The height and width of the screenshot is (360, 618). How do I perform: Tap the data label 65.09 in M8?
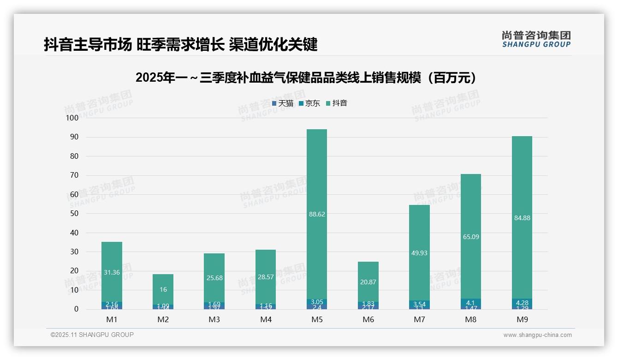click(471, 237)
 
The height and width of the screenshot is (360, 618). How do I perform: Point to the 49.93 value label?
click(419, 252)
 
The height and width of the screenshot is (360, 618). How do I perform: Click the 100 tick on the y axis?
click(72, 118)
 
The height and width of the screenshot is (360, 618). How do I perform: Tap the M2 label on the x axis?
click(163, 319)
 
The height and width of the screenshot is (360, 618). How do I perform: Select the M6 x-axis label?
click(368, 319)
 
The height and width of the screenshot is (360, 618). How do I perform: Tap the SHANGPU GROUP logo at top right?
click(536, 39)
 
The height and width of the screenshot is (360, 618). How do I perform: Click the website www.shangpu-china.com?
click(537, 335)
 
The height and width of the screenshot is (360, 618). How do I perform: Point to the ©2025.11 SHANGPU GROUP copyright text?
click(92, 335)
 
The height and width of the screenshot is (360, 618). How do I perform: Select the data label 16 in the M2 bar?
click(163, 289)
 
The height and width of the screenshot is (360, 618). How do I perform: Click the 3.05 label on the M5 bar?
click(317, 301)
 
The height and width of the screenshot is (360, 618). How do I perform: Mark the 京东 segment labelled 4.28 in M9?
click(522, 303)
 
